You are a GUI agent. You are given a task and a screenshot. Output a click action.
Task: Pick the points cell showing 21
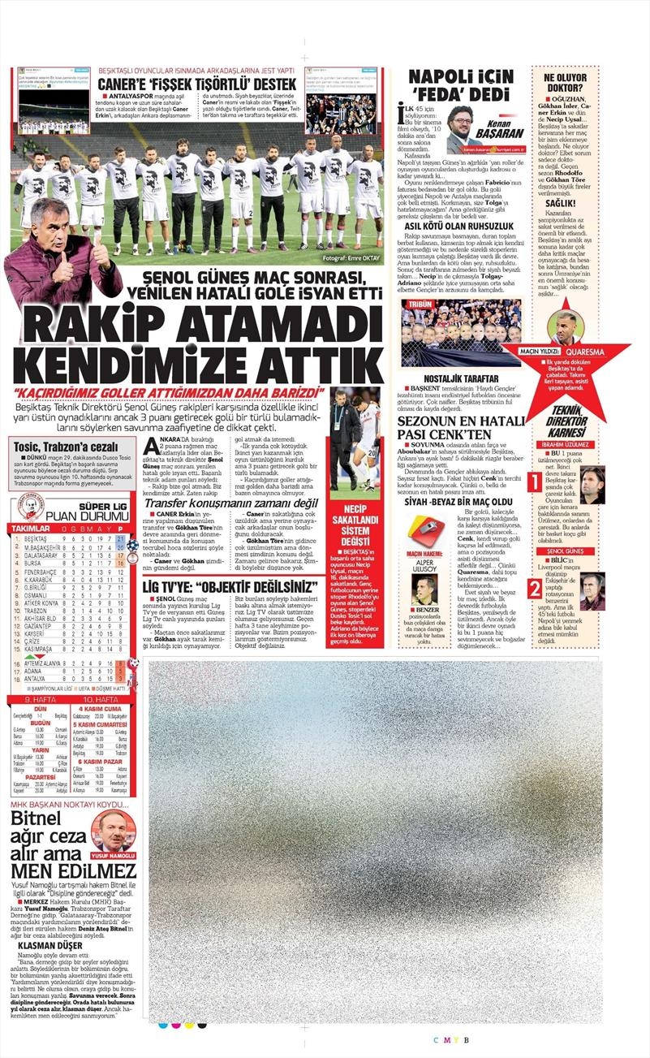point(120,539)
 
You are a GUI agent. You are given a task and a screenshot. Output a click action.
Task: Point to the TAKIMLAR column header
point(29,528)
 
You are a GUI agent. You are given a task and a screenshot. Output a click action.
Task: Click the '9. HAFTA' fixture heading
point(38,699)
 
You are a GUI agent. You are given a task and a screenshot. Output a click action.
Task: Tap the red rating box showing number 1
point(535,482)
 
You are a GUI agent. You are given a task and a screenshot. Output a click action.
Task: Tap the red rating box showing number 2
point(535,588)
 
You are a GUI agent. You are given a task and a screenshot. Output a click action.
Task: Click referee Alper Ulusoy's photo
point(424,589)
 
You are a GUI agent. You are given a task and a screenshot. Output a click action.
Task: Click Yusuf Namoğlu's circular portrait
point(111,833)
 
